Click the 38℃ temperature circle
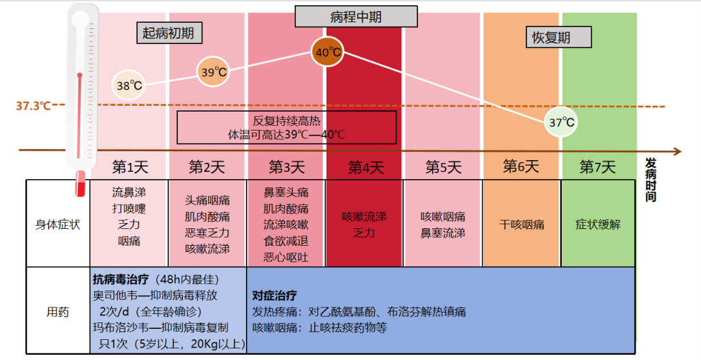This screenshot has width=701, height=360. click(x=129, y=85)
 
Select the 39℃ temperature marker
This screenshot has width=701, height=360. click(x=214, y=71)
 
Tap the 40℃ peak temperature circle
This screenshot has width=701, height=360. click(x=328, y=52)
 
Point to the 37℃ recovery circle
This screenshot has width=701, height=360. click(x=561, y=121)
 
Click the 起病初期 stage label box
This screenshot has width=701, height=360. click(x=169, y=33)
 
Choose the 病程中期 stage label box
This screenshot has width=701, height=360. click(x=356, y=16)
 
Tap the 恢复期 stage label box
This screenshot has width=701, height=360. click(x=558, y=37)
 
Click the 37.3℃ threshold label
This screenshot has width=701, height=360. click(x=33, y=106)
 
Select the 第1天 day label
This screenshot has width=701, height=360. click(x=130, y=167)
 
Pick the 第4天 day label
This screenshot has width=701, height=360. click(x=365, y=168)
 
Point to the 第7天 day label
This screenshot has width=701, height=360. click(x=597, y=167)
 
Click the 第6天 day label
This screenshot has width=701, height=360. click(x=521, y=167)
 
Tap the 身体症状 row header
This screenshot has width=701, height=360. click(x=58, y=224)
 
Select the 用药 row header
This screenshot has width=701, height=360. click(x=58, y=312)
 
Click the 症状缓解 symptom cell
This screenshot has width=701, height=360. click(x=598, y=224)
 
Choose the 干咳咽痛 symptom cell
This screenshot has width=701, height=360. click(x=522, y=224)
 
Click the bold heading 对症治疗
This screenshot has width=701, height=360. click(x=275, y=295)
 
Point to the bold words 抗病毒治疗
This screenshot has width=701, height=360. click(x=121, y=280)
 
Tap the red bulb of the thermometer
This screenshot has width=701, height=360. click(x=80, y=184)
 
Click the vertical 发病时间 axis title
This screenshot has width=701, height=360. click(x=650, y=180)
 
